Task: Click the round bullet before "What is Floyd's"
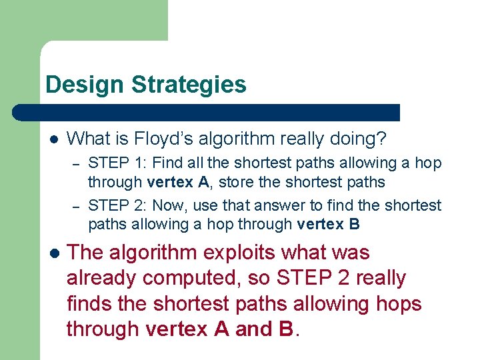coord(54,139)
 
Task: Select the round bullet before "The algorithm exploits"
coord(54,253)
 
